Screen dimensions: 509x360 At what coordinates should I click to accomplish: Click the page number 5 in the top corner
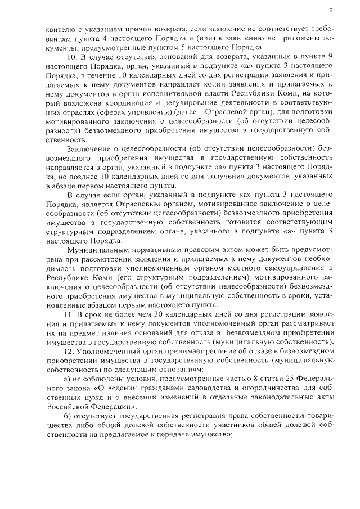tap(331, 10)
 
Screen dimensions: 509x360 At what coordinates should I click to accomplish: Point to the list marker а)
tap(70, 378)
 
